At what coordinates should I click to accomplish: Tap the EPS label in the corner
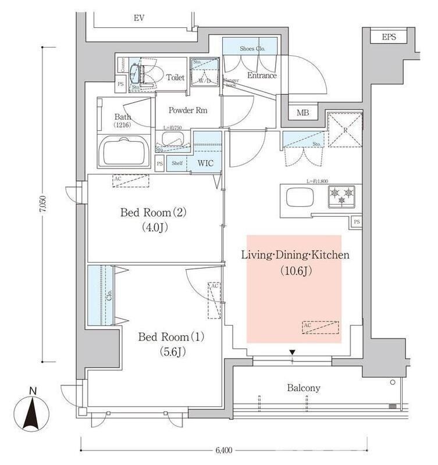[389, 37]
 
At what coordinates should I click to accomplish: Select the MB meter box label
[302, 112]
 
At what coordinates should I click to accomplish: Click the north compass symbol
[33, 410]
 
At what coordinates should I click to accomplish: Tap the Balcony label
[304, 388]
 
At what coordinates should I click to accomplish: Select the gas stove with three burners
[344, 196]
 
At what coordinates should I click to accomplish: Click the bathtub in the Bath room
[126, 153]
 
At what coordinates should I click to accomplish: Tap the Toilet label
[175, 77]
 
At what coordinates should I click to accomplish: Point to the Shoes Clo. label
[252, 49]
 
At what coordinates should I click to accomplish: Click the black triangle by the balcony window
[293, 352]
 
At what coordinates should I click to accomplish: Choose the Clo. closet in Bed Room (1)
[102, 295]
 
